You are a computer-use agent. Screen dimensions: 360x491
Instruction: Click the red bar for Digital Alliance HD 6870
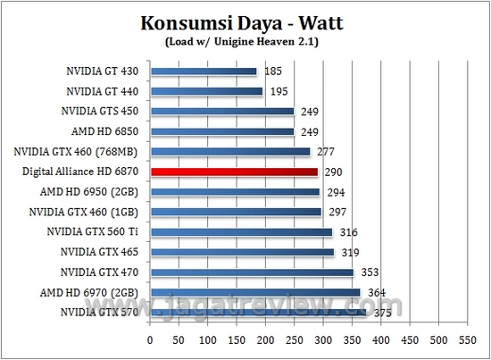(x=234, y=172)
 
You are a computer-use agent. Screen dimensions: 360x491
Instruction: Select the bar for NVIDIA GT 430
(x=204, y=71)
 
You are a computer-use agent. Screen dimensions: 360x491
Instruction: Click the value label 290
(x=333, y=172)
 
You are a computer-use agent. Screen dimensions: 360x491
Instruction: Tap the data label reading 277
(x=325, y=151)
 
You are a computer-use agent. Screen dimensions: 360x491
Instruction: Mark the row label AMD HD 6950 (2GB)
(x=100, y=191)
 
